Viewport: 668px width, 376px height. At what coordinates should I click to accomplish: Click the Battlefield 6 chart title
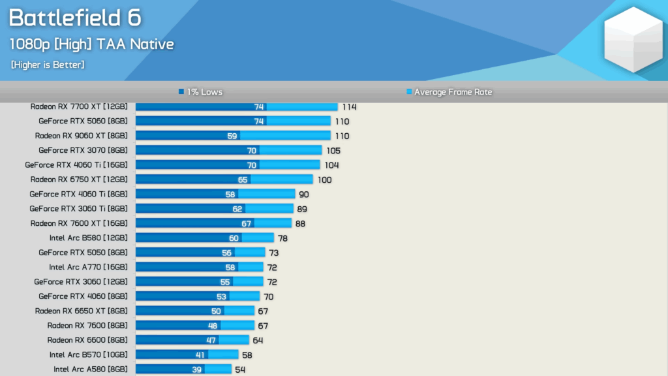(74, 18)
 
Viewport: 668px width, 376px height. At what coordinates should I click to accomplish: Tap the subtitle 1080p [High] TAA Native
(92, 44)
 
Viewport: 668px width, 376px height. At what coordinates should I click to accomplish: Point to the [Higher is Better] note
(48, 65)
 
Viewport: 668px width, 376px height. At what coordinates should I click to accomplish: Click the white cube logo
(632, 40)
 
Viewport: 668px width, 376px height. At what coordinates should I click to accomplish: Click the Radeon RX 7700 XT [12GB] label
(79, 106)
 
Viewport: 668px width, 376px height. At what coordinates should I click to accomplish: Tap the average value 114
(349, 106)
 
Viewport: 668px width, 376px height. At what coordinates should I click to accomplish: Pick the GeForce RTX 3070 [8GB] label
(83, 150)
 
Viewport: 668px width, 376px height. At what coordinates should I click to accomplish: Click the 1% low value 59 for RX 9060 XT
(232, 136)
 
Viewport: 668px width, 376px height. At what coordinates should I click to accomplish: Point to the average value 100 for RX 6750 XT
(324, 180)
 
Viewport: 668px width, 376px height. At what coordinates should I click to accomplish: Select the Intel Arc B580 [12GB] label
(88, 238)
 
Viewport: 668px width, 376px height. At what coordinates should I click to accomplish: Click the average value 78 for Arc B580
(282, 238)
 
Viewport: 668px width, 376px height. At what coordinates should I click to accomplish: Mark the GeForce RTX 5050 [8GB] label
(83, 253)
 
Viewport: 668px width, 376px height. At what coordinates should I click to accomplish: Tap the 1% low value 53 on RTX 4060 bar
(221, 296)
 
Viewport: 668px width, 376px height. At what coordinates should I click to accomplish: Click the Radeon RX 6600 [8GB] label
(87, 340)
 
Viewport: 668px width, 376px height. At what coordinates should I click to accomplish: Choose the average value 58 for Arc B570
(247, 355)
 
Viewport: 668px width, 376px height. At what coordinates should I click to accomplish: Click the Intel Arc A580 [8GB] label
(91, 369)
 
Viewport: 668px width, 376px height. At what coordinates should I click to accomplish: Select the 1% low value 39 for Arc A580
(196, 369)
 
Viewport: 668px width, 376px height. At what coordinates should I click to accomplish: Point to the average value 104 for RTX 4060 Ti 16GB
(331, 165)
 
